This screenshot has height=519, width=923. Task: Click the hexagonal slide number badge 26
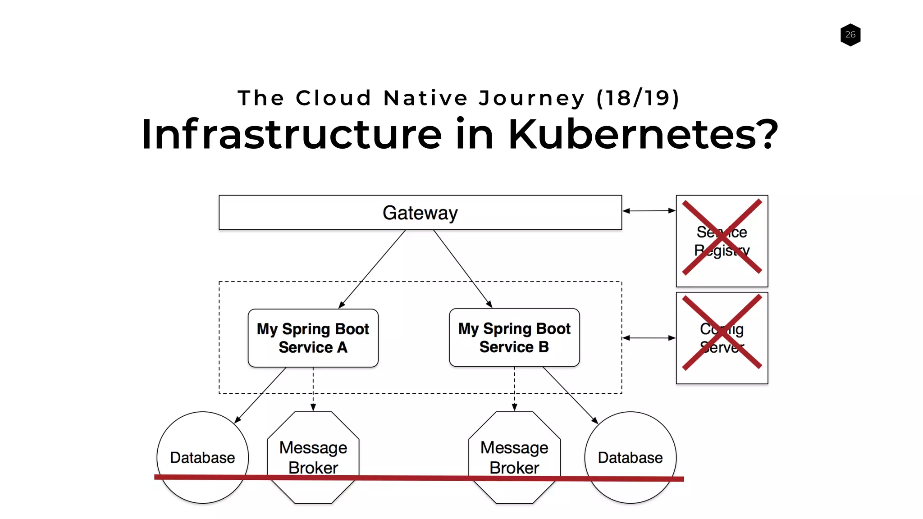[x=850, y=35]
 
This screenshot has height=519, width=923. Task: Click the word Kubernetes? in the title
[x=643, y=134]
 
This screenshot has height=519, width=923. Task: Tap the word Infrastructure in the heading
[x=291, y=134]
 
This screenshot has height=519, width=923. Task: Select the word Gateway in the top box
[x=420, y=213]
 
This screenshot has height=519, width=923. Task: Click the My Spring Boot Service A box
[x=313, y=338]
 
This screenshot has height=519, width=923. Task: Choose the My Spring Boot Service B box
[x=514, y=337]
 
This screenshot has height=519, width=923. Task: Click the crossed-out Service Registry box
[x=722, y=241]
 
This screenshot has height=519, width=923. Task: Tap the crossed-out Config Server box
[x=722, y=338]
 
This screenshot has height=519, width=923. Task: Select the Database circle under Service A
[x=202, y=457]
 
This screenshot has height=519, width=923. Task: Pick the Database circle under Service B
[x=630, y=457]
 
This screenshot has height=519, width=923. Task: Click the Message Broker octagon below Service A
[x=313, y=457]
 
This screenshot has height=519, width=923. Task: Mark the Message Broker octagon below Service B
[x=514, y=457]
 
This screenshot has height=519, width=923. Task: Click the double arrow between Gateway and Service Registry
[x=649, y=210]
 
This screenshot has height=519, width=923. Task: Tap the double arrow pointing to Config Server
[x=649, y=338]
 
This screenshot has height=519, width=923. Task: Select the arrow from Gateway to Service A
[x=372, y=269]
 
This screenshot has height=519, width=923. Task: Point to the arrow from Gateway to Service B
[x=462, y=269]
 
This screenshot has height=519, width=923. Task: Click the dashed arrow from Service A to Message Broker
[x=313, y=388]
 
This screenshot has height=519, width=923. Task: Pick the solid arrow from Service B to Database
[x=570, y=395]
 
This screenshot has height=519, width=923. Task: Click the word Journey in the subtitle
[x=532, y=98]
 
